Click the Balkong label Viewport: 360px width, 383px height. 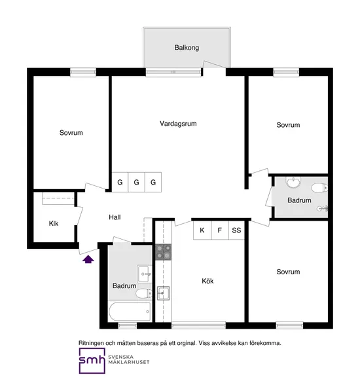(187, 48)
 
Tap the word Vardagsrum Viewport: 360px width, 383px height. (178, 123)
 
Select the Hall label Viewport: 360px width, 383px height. (115, 218)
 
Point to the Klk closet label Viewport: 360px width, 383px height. (54, 224)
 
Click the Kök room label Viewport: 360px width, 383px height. (208, 281)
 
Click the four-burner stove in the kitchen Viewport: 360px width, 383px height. (162, 252)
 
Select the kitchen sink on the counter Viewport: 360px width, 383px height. (163, 292)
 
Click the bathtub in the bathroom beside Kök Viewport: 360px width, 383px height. (129, 312)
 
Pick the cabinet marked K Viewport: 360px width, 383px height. (202, 230)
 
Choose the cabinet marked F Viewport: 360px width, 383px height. (220, 230)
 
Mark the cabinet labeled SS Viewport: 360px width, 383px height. (236, 230)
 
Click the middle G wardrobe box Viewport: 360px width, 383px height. (137, 183)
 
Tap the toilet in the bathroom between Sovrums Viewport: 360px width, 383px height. (319, 189)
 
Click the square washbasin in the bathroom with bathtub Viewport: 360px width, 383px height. (144, 272)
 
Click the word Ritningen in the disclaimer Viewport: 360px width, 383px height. (92, 342)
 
